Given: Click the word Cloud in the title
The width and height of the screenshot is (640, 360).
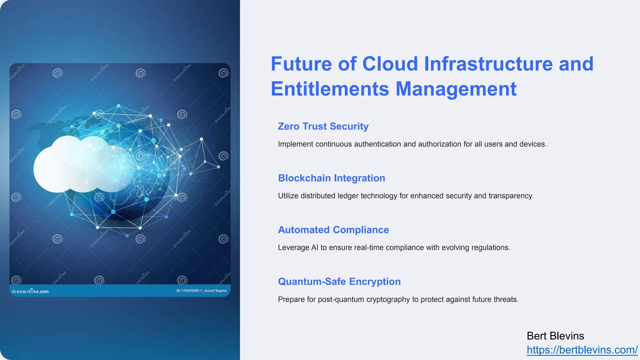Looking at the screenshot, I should pos(390,64).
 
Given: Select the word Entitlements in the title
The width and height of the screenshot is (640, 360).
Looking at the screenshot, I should pos(330,89).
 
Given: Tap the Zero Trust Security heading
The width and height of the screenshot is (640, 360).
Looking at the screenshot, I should pos(323,126).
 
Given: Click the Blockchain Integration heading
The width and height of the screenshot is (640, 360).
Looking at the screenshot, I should pos(331,178).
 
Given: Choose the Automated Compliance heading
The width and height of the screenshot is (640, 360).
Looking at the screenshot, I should pos(333,230).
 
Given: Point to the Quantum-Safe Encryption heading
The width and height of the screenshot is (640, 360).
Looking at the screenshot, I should pos(339,282).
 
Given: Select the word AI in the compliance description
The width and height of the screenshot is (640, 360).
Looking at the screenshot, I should pos(315,247).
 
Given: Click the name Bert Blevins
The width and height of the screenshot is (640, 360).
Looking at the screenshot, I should pos(555,336).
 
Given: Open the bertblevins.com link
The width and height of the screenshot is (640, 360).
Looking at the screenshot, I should pos(582,350).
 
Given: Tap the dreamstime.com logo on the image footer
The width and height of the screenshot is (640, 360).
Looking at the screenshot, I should pos(30,291).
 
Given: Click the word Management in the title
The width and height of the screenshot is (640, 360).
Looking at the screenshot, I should pos(456,89).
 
